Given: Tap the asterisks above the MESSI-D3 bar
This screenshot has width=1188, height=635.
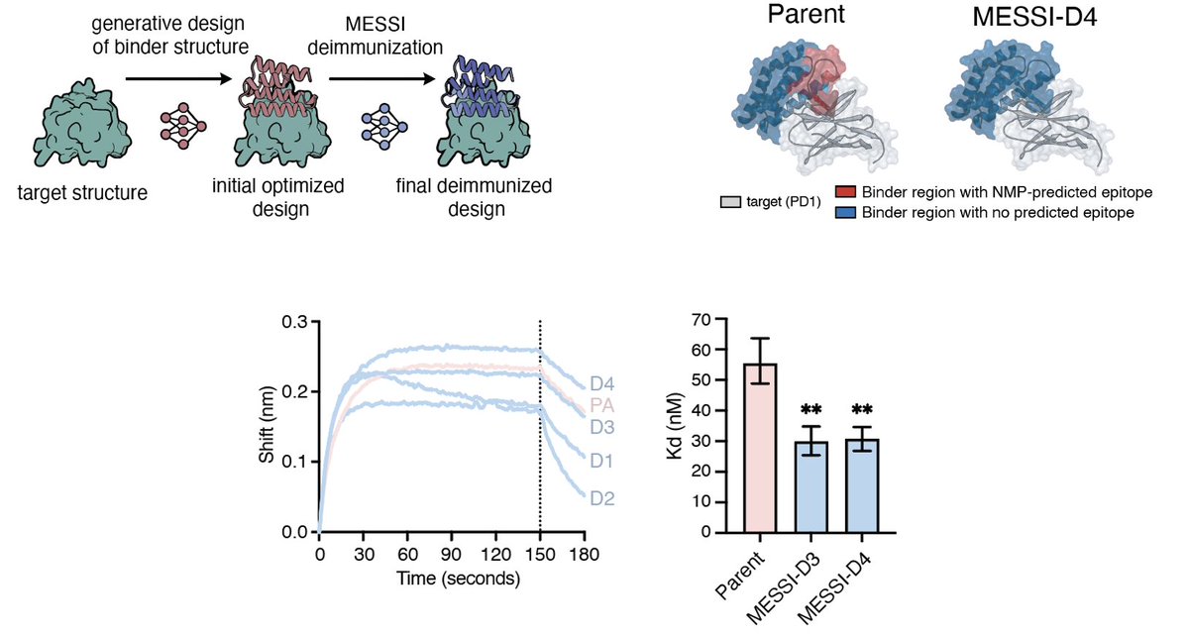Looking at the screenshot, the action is point(811,411).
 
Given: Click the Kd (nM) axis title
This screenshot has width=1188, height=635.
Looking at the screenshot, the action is point(678,425).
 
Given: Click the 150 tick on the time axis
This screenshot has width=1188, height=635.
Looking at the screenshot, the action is point(540,554).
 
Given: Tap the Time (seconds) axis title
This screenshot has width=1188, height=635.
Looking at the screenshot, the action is point(459,579).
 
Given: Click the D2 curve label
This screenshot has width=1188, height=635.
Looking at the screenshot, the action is point(601,498).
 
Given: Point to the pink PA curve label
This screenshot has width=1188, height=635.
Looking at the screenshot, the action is point(601,406).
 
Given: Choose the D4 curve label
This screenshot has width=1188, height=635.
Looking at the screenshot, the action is point(601,385).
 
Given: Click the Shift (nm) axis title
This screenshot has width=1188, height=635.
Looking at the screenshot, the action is point(267,426).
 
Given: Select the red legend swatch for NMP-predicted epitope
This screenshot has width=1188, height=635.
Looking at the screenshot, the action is point(847,192).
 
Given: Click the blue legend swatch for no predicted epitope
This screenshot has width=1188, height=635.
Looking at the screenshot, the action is point(847,213).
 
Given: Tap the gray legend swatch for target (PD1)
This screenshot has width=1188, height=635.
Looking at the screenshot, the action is point(730,202).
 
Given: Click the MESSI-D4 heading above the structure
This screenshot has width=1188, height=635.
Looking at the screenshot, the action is point(1034,17).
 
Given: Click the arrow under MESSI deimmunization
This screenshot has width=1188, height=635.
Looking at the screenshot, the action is point(381,79).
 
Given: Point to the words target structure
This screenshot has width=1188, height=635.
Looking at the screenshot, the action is point(82,192).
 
